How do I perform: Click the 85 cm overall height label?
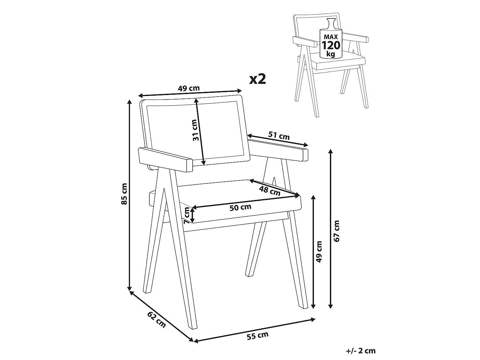(124, 194)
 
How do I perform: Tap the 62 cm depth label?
(156, 320)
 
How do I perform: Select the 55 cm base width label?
(258, 335)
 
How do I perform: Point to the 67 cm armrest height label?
(336, 231)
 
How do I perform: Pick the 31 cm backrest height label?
(195, 130)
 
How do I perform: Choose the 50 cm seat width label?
(240, 207)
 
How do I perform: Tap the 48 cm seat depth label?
(270, 191)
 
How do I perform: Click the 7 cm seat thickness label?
(187, 215)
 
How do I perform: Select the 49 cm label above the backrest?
(189, 88)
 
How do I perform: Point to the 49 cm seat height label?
(319, 252)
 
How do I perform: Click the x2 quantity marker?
(258, 79)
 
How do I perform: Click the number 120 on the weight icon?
(331, 45)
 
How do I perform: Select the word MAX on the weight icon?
(331, 37)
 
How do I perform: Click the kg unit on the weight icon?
(331, 54)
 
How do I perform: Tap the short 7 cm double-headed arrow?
(192, 215)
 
